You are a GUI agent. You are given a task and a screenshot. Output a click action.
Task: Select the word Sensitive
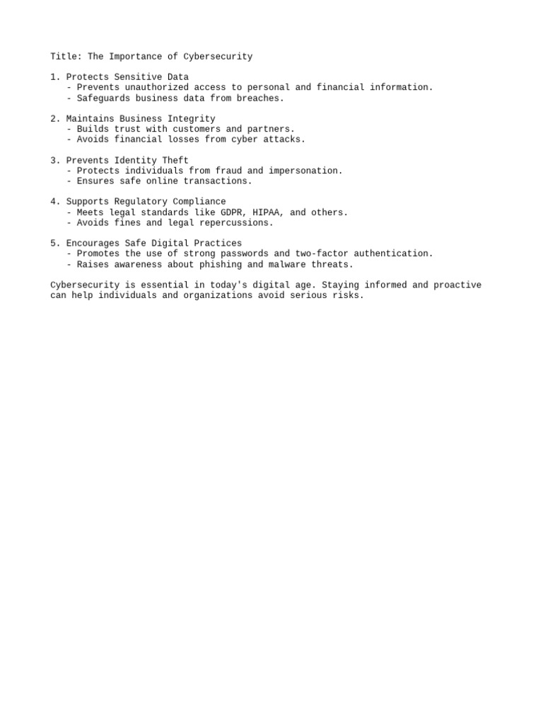pyautogui.click(x=138, y=77)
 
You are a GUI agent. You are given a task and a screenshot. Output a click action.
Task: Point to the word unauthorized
pyautogui.click(x=157, y=88)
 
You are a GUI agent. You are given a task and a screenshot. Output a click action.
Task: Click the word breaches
pyautogui.click(x=260, y=98)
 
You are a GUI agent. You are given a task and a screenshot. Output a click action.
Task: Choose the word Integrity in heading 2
pyautogui.click(x=192, y=119)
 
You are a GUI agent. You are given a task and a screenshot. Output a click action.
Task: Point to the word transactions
pyautogui.click(x=218, y=181)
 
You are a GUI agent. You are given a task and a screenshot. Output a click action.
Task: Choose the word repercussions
pyautogui.click(x=236, y=223)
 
